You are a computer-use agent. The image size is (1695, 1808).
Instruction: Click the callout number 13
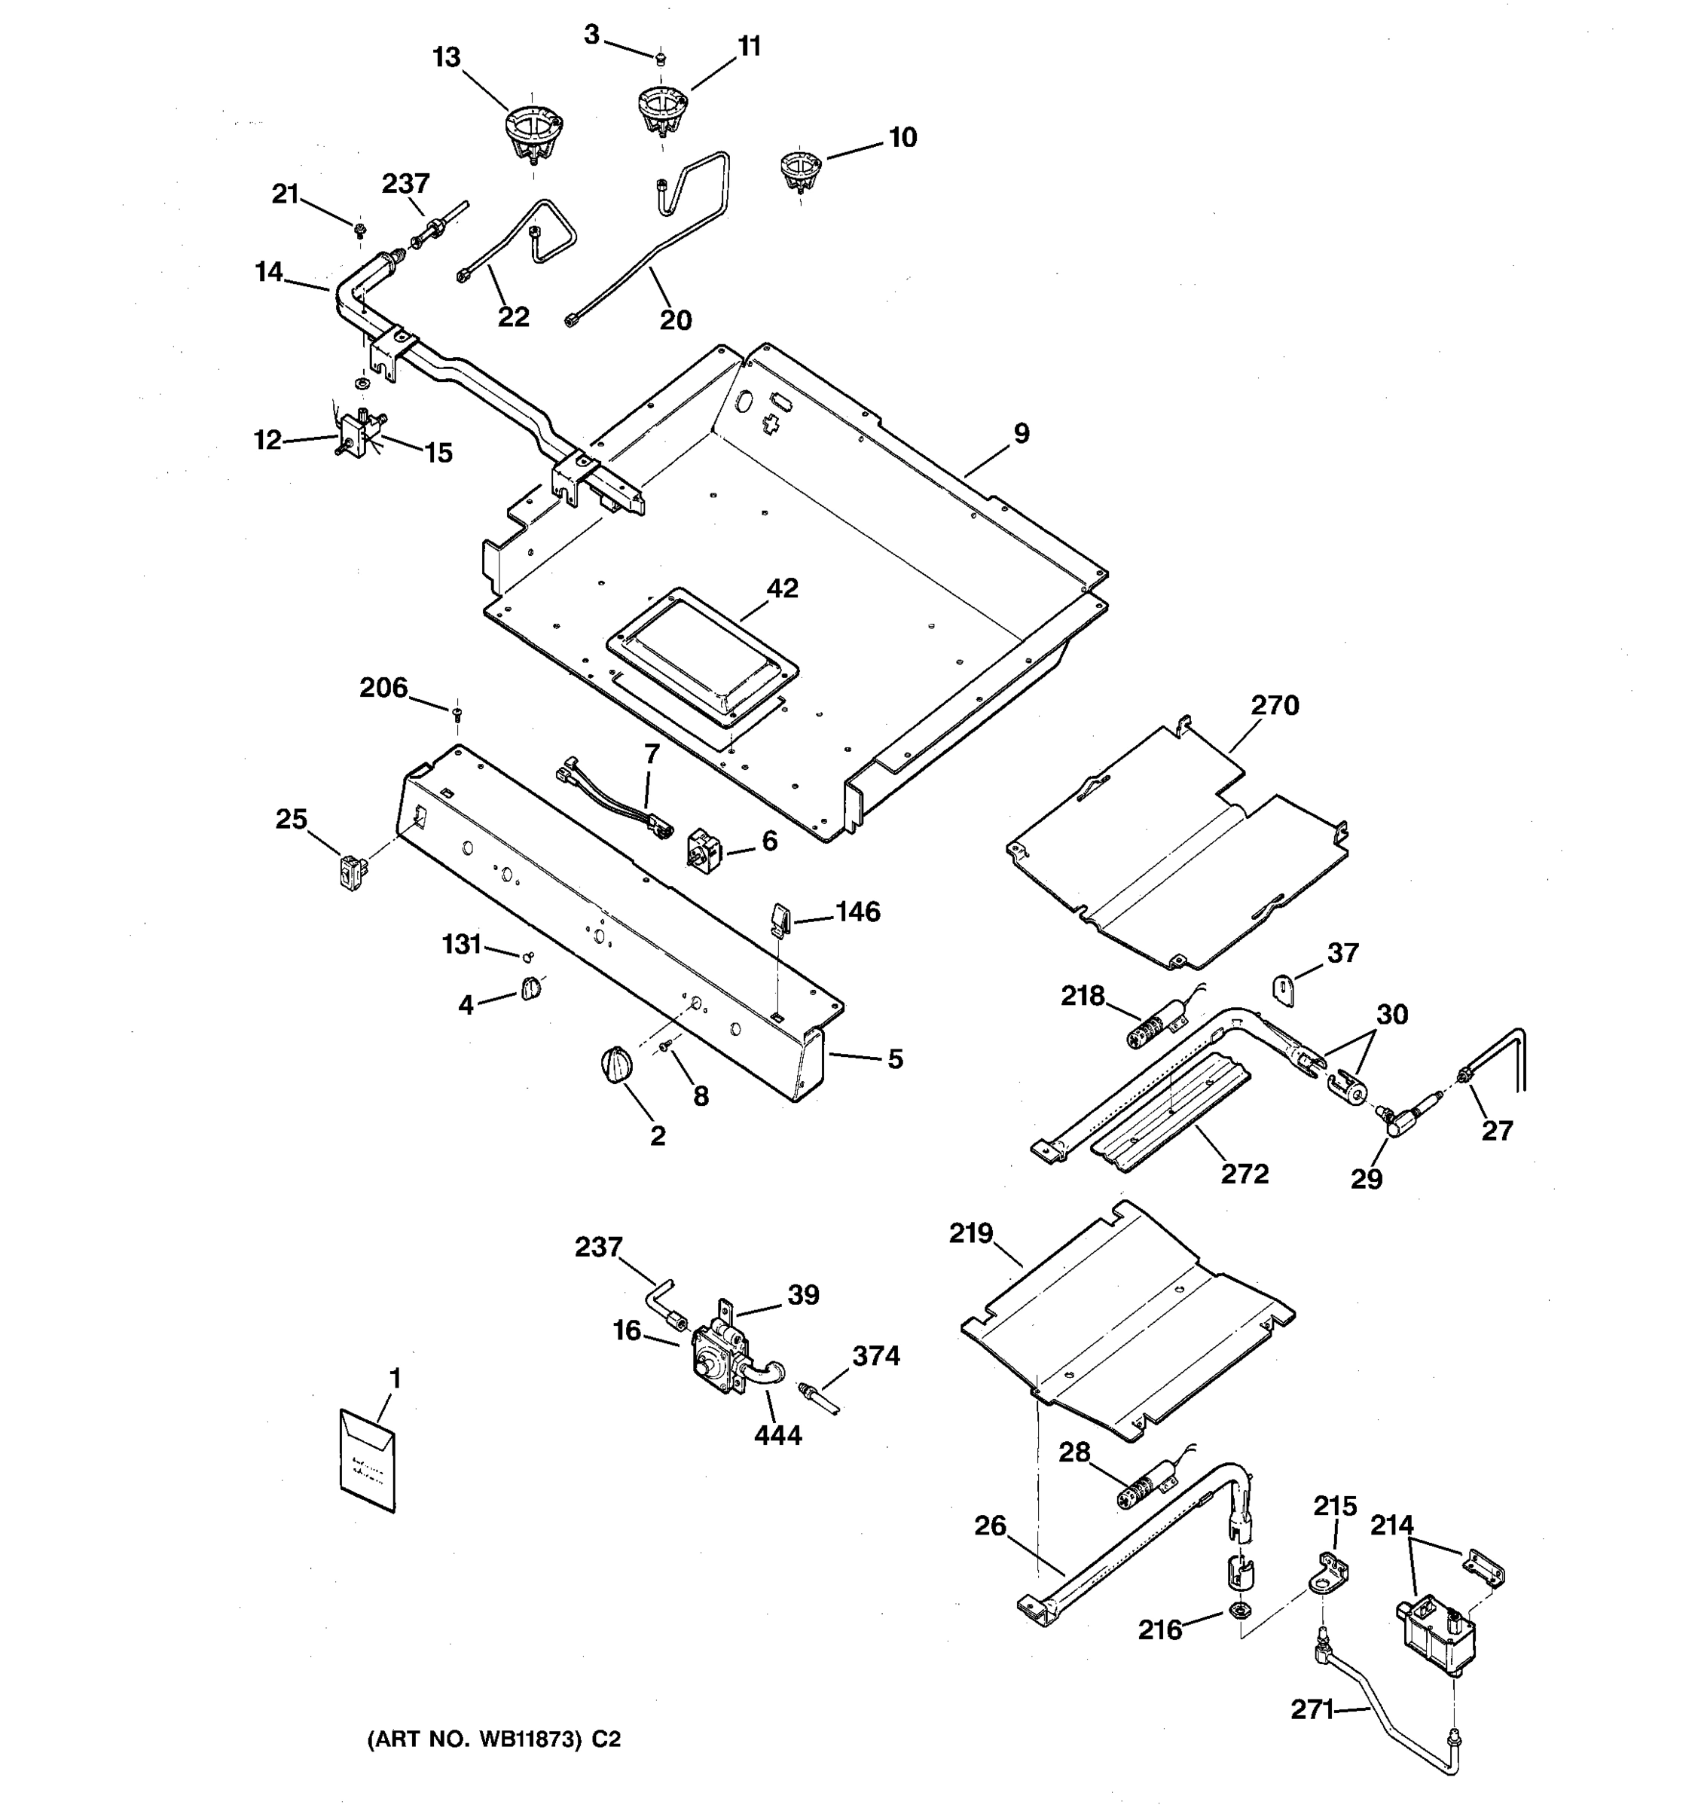pos(447,58)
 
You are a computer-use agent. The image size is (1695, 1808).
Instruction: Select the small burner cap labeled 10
pos(800,170)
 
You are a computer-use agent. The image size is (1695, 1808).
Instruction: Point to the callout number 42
pos(782,588)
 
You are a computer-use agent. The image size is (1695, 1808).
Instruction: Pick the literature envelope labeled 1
pos(368,1461)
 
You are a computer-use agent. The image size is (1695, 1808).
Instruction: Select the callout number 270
pos(1275,705)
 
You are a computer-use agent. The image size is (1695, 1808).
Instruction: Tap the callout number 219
pos(971,1233)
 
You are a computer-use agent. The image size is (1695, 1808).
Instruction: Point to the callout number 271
pos(1312,1711)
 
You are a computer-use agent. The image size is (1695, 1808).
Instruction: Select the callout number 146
pos(857,912)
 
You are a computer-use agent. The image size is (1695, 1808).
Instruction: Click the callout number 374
pos(875,1356)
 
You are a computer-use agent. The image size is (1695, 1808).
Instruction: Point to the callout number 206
pos(383,689)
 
